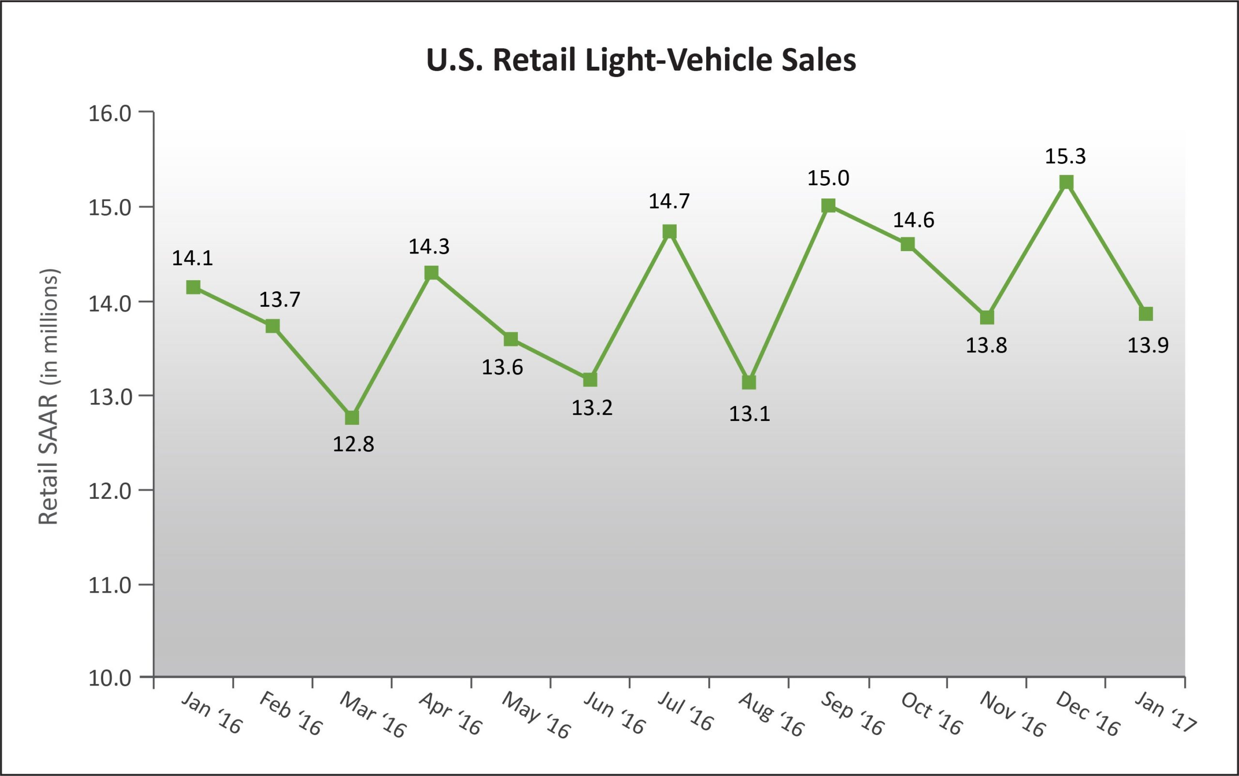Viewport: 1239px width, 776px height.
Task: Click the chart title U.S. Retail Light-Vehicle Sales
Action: tap(641, 61)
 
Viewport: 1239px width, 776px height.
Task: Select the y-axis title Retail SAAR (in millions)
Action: tap(49, 396)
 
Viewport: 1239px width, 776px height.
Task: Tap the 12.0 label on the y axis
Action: tap(110, 490)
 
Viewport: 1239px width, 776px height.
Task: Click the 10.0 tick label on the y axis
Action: tap(110, 678)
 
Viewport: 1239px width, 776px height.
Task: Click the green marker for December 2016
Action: tap(1066, 182)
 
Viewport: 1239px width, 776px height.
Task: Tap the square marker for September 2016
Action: tap(828, 206)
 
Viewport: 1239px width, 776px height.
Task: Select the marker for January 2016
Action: tap(193, 286)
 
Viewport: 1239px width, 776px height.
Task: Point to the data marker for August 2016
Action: tap(749, 382)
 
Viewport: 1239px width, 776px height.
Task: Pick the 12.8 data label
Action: tap(353, 444)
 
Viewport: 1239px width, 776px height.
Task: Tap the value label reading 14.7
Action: tap(669, 201)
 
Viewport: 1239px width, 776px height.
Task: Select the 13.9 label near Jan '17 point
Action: tap(1148, 345)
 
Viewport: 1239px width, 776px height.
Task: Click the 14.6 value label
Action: tap(914, 220)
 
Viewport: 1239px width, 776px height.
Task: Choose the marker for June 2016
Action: tap(590, 380)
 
